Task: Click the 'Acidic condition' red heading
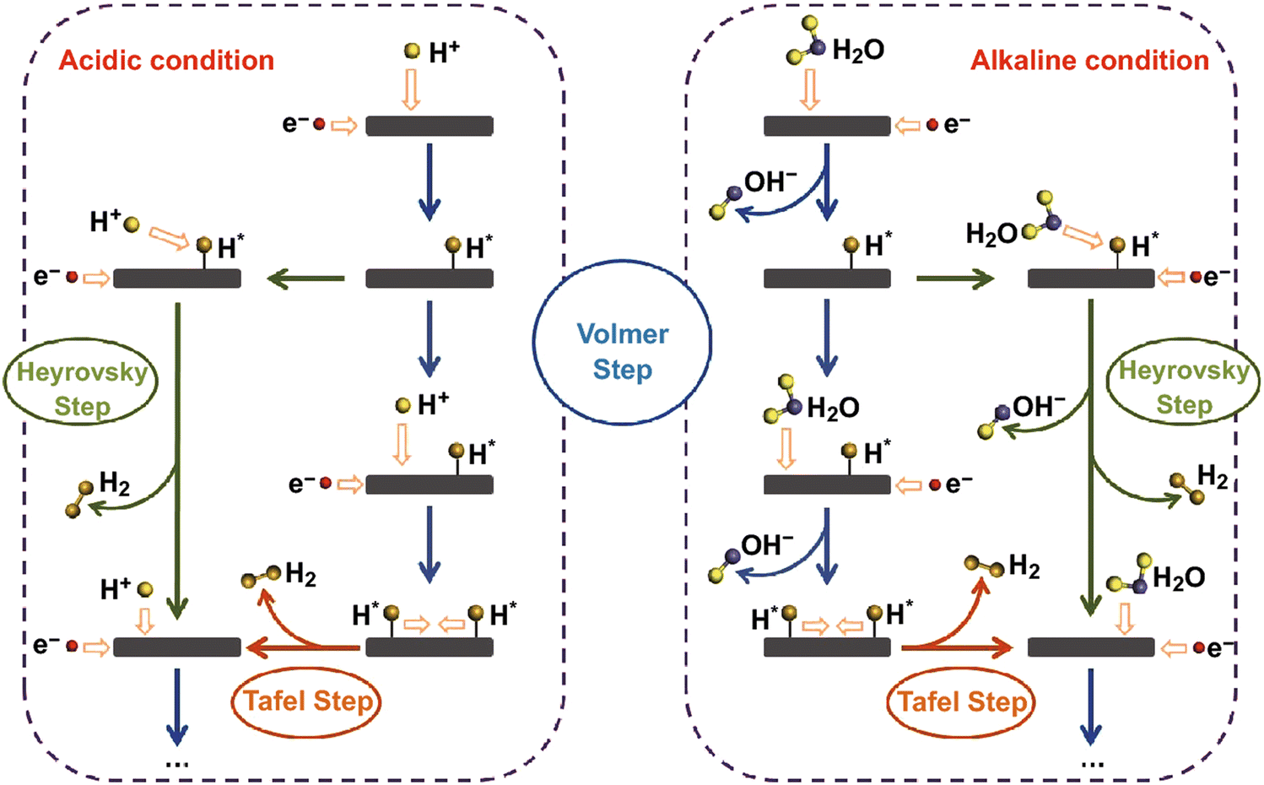tap(166, 61)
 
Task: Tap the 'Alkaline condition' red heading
tap(1089, 61)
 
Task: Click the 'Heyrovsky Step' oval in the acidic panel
tap(81, 382)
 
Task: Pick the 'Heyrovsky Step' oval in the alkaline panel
tap(1183, 381)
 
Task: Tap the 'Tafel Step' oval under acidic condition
tap(305, 702)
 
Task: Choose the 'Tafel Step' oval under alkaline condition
tap(961, 702)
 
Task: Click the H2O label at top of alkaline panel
tap(858, 51)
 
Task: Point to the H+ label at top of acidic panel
tap(444, 51)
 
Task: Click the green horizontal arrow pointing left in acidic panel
tap(305, 279)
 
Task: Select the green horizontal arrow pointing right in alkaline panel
tap(955, 279)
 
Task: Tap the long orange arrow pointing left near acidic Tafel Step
tap(304, 648)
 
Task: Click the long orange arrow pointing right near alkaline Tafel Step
tap(957, 648)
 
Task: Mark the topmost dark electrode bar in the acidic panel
tap(429, 126)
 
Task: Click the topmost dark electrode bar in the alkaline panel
tap(827, 126)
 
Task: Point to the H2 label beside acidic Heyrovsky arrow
tap(115, 484)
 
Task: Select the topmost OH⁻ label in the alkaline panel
tap(770, 181)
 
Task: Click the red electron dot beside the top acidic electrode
tap(320, 124)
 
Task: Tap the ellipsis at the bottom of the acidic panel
tap(176, 764)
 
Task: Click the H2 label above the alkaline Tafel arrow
tap(1024, 566)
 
